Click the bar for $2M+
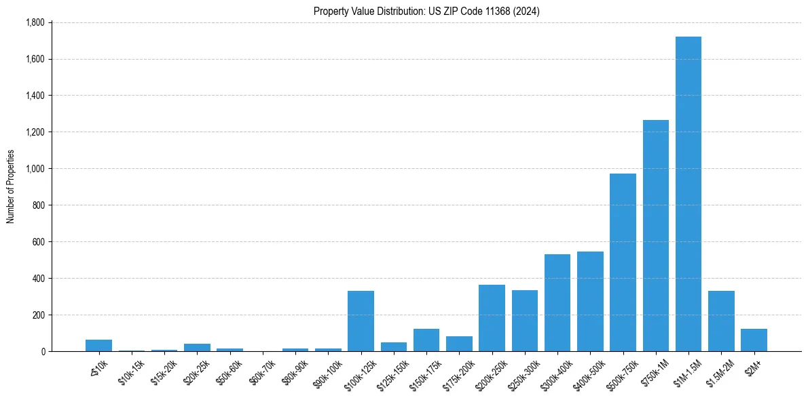tap(754, 340)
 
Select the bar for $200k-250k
tap(492, 318)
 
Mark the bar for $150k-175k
tap(426, 340)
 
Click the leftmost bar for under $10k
tap(98, 345)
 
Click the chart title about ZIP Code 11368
tap(426, 11)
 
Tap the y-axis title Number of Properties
tap(10, 186)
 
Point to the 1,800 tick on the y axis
tap(34, 22)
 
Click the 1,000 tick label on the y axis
tap(34, 169)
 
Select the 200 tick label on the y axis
tap(38, 315)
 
